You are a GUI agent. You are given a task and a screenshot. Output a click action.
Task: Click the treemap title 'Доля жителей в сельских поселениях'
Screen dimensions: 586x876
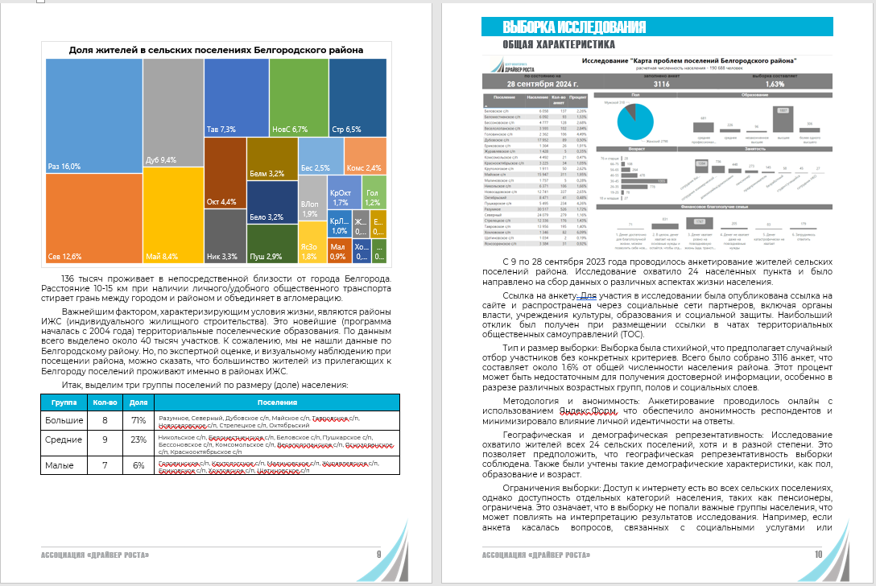coord(216,50)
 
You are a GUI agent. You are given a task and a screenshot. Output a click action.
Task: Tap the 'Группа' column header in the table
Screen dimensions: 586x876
coord(64,402)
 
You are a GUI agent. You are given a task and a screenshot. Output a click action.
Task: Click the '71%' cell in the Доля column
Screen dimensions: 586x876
coord(138,420)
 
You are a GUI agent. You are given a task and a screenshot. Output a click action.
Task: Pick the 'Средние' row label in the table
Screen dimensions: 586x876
coord(64,440)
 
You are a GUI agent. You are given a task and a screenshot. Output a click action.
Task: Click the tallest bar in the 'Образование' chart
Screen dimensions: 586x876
coord(783,119)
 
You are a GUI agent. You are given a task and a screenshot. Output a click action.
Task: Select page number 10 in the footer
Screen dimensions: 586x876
coord(818,555)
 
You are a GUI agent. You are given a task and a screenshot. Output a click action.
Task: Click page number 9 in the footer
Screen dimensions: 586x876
coord(378,555)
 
